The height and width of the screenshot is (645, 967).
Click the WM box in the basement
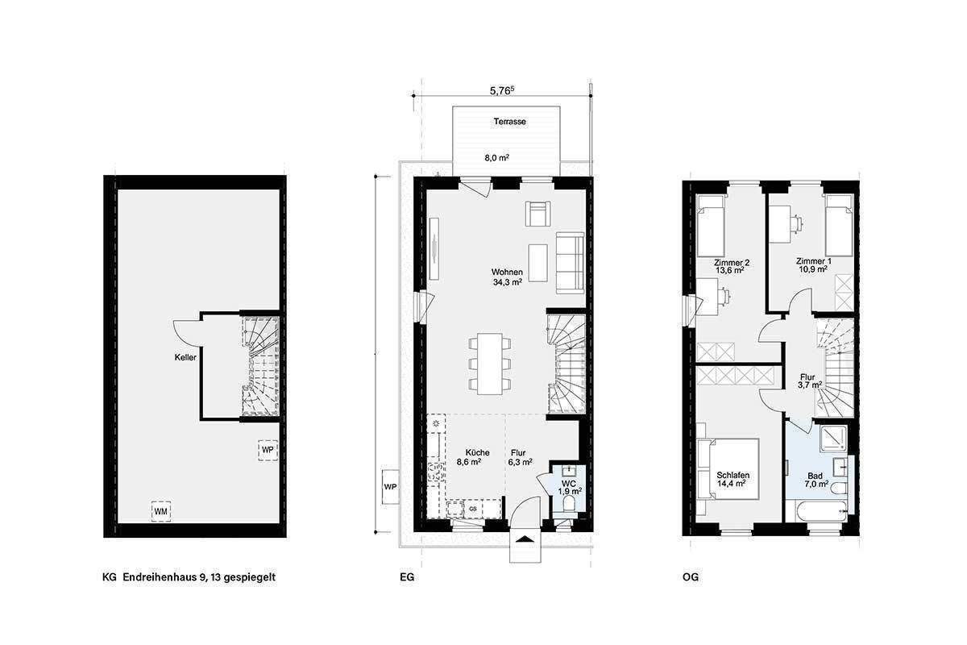[161, 511]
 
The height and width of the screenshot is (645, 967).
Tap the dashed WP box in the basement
[268, 450]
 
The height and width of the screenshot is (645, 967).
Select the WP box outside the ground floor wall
[390, 487]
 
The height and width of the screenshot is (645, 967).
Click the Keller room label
[185, 356]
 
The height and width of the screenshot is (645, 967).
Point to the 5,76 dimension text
[504, 92]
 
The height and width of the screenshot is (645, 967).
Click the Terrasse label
[510, 122]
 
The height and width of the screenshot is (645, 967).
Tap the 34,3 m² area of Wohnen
[508, 282]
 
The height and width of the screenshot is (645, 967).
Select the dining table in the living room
[489, 364]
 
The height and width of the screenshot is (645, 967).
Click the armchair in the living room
[537, 214]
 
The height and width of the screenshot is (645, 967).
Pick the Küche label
[468, 452]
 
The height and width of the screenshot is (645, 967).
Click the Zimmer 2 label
[732, 262]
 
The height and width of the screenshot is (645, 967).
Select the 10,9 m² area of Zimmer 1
[812, 269]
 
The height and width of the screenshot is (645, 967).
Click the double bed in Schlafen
[729, 469]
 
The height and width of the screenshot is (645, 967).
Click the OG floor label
[690, 577]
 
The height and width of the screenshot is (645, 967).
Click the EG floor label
[406, 577]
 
